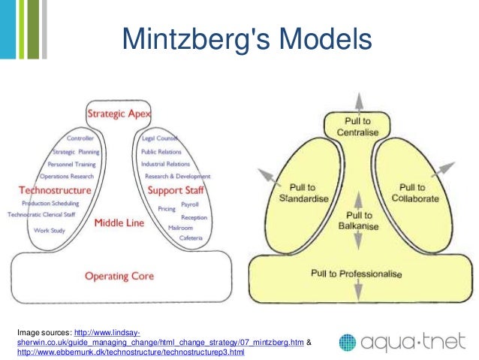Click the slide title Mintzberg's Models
click(x=247, y=39)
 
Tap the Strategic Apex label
click(x=119, y=114)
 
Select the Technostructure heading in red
click(x=55, y=190)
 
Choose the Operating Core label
click(x=119, y=276)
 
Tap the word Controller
click(x=80, y=139)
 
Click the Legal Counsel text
click(x=158, y=139)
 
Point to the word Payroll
click(x=190, y=204)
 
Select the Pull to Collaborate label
click(x=411, y=192)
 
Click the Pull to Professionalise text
click(x=357, y=274)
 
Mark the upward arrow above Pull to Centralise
click(x=358, y=101)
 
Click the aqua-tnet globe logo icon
click(x=348, y=343)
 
